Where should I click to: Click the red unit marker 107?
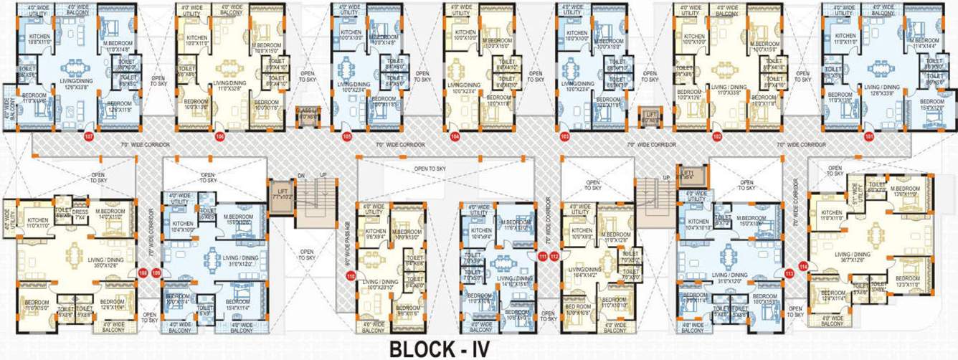pos(89,136)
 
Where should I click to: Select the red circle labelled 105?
pos(346,136)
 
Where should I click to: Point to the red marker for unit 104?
pos(455,136)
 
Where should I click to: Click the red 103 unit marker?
pos(564,136)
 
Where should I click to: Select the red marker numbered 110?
pos(351,275)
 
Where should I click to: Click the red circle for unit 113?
pos(789,273)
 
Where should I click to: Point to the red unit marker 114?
pos(803,267)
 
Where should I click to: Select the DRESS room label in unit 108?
pos(79,214)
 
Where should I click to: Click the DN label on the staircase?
pos(301,176)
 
